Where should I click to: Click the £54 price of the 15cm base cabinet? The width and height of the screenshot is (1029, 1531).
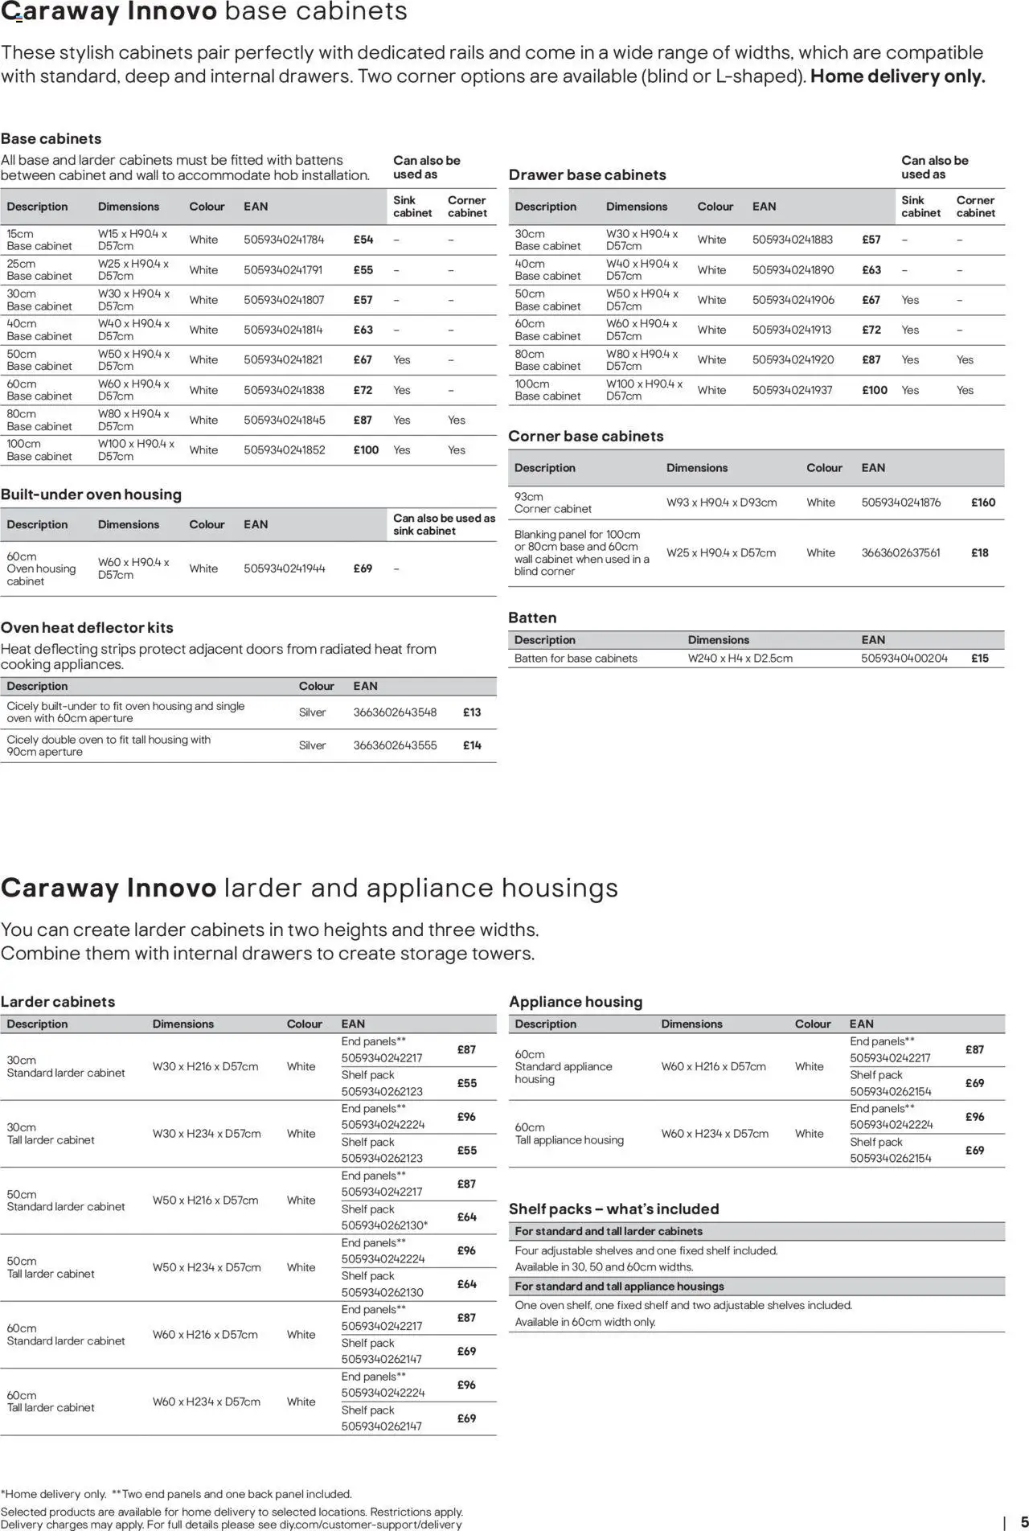(363, 240)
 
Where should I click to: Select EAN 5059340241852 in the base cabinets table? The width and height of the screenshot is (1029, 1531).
(284, 450)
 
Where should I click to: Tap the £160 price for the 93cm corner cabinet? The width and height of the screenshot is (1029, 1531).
(982, 503)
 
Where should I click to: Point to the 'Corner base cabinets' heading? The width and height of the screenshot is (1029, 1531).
(586, 437)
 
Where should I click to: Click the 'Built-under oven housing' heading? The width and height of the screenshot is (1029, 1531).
(91, 495)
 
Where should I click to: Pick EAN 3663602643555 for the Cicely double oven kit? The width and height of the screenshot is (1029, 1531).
(395, 745)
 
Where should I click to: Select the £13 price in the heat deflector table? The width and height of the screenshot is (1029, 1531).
(472, 712)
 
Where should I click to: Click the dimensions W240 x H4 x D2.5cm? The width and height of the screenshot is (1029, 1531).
(740, 659)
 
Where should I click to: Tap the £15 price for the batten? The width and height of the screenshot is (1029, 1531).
(979, 659)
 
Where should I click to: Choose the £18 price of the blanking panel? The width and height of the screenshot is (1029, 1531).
(979, 553)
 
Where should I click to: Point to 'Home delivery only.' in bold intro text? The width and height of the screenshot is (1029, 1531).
(897, 77)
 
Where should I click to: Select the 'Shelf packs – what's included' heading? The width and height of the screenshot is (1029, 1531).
(613, 1209)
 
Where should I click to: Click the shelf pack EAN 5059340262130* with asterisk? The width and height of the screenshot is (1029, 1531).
(384, 1225)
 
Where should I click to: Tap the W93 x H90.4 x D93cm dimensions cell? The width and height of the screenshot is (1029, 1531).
(721, 503)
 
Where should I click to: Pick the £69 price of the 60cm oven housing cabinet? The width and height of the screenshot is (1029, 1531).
(363, 568)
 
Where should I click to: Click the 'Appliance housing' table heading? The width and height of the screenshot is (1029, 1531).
(576, 1002)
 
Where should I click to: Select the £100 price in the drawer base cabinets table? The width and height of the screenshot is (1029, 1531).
(875, 391)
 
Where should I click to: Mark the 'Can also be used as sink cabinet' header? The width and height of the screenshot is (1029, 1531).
(444, 524)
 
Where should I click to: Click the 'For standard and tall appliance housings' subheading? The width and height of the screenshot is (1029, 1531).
(619, 1287)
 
